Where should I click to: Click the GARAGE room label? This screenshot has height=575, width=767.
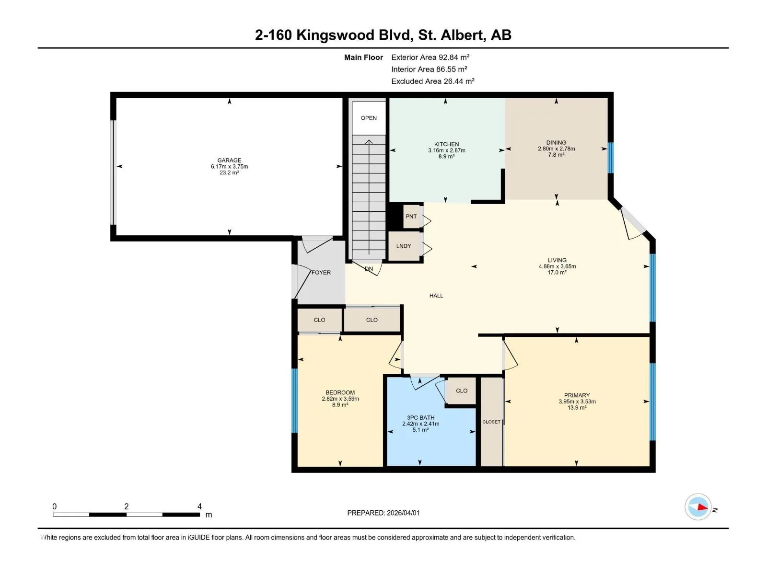point(229,160)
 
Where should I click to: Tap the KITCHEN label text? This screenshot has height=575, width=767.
point(446,144)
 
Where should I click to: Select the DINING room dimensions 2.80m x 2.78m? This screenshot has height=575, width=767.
point(556,149)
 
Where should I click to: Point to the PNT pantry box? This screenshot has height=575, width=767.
point(411,217)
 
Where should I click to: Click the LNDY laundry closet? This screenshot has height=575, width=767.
point(404,246)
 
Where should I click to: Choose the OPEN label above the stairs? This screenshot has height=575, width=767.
point(369,118)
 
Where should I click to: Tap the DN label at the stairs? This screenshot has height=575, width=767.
point(369,269)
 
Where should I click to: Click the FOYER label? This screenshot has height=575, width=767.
point(321,272)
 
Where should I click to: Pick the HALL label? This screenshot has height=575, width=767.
point(436,296)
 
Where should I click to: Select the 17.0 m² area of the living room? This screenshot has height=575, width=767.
point(557,272)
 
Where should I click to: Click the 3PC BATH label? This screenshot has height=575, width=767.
point(420,417)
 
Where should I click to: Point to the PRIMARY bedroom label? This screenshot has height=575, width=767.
point(577,395)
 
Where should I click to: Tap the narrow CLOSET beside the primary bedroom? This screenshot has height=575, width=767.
point(491,421)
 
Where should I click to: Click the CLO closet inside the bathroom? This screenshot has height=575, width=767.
point(461,391)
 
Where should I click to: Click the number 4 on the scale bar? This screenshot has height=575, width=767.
point(199,506)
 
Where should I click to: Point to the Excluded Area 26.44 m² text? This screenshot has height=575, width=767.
point(432,81)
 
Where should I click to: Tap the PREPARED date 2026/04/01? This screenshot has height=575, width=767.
point(403,513)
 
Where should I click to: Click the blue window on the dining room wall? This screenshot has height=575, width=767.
point(610,158)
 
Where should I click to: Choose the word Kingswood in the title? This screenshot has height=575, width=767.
point(353,35)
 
